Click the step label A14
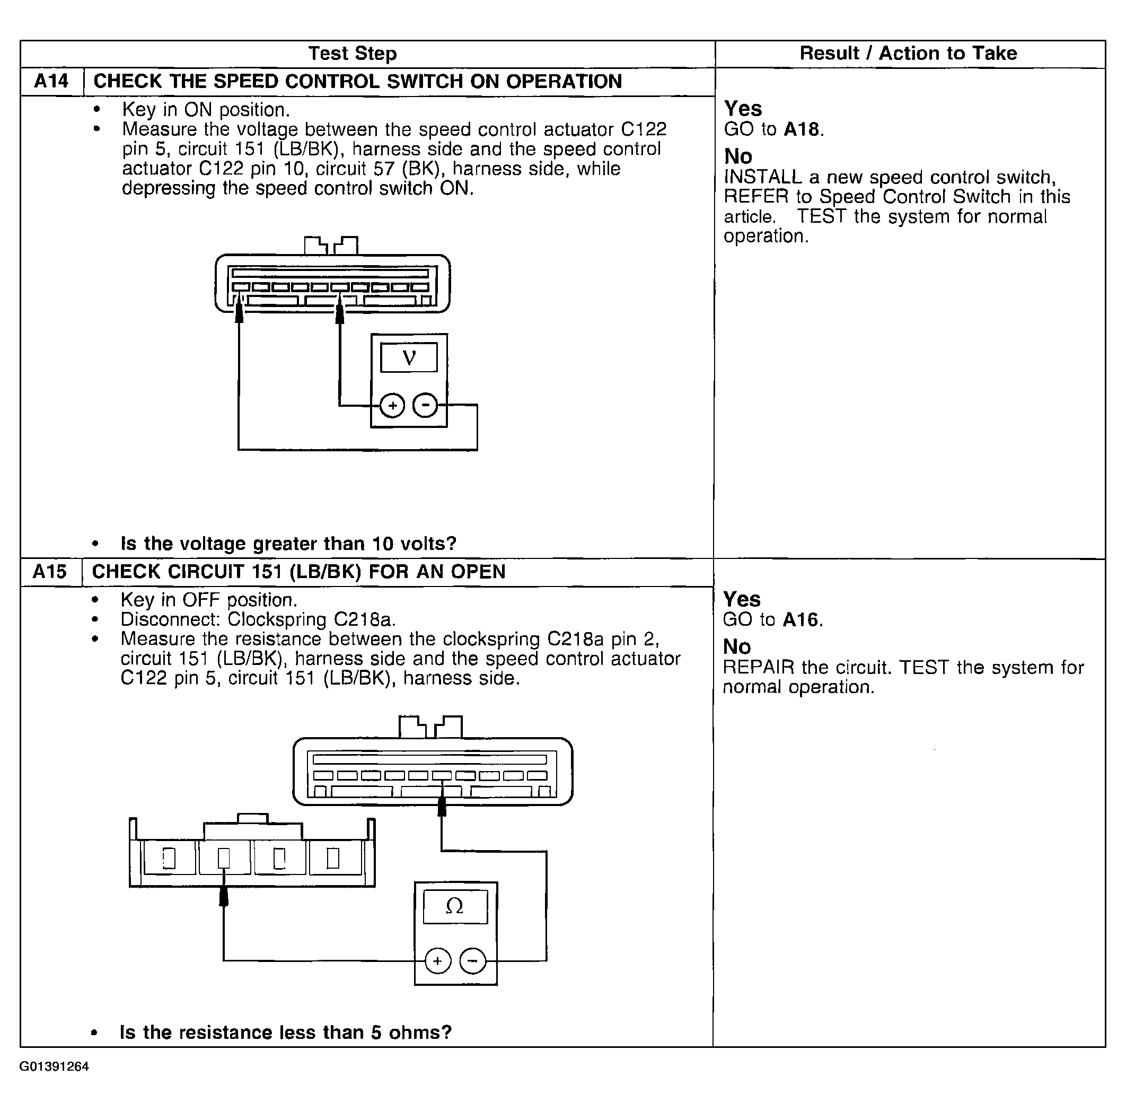(x=51, y=81)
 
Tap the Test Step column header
(x=353, y=54)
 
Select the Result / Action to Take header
(x=908, y=53)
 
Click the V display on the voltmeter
(x=409, y=357)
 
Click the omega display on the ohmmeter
(x=455, y=906)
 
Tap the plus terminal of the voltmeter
(x=392, y=405)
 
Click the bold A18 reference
(x=802, y=129)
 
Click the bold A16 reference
(x=801, y=619)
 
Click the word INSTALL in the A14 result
(x=763, y=177)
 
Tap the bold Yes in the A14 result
(x=743, y=108)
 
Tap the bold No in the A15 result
(x=737, y=646)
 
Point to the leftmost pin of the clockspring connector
(x=169, y=858)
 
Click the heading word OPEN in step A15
(x=478, y=571)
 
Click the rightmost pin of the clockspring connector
(x=333, y=858)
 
